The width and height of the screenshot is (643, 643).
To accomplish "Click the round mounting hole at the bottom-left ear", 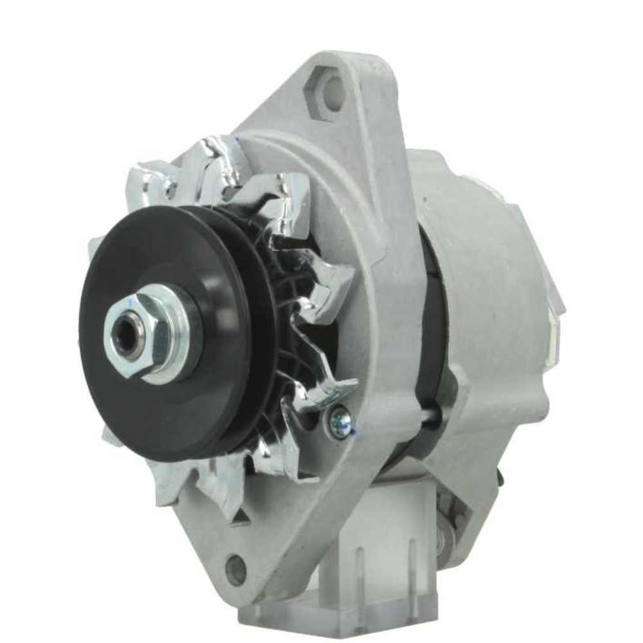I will click(x=236, y=569).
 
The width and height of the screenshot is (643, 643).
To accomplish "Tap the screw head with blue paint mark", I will click(x=340, y=421).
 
